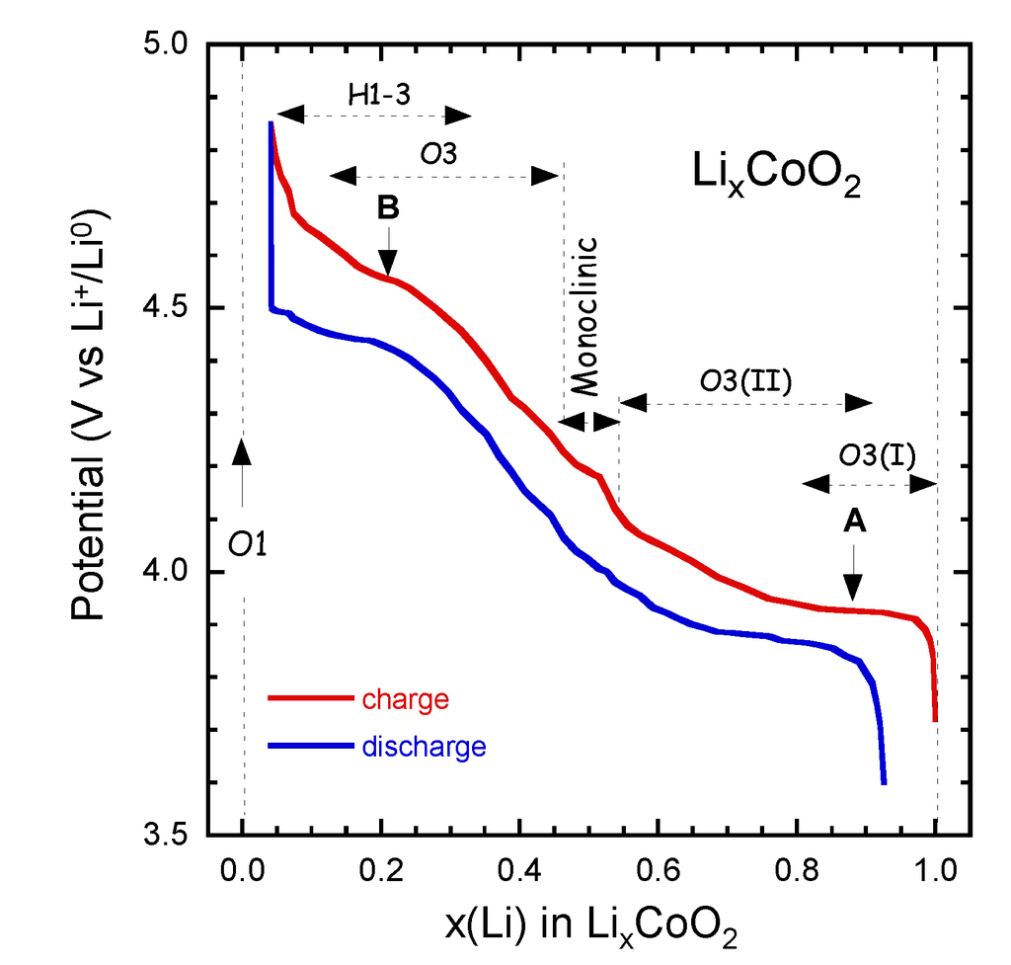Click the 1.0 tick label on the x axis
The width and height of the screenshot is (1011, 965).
(935, 872)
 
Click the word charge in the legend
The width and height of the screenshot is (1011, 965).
(406, 700)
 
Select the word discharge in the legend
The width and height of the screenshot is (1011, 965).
(425, 746)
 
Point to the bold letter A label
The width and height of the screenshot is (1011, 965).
(855, 523)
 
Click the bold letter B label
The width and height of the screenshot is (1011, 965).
(388, 208)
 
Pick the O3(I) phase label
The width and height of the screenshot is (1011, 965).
(877, 455)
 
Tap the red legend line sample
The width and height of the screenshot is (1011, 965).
(311, 698)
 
